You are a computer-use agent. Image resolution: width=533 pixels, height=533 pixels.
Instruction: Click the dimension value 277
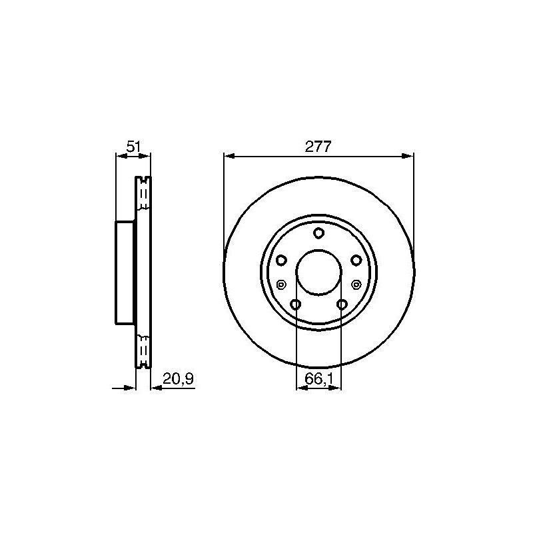[318, 147]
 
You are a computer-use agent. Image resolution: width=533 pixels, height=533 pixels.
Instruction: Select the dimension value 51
[133, 147]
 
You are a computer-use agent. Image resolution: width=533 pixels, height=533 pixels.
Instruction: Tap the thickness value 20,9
[178, 378]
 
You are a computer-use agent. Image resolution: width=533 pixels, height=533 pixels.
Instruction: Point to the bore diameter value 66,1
[318, 378]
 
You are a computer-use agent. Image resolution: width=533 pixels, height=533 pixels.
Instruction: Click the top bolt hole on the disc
[318, 233]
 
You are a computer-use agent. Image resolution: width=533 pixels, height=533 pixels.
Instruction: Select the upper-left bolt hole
[281, 261]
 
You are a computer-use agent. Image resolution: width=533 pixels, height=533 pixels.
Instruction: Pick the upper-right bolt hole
[356, 261]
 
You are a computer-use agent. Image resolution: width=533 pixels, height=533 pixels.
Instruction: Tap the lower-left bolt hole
[295, 304]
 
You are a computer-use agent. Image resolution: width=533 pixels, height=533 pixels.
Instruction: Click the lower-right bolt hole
[342, 304]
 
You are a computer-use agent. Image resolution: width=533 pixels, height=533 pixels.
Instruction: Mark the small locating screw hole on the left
[281, 284]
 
